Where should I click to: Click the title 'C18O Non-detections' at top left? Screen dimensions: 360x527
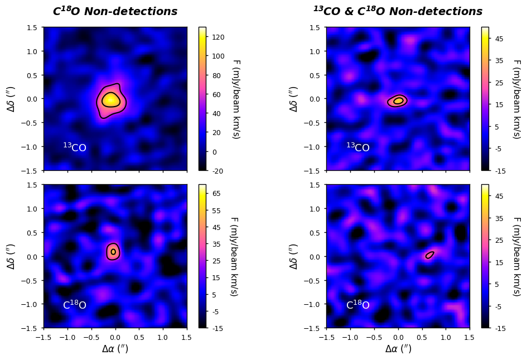point(115,12)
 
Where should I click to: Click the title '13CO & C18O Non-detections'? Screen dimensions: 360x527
point(398,12)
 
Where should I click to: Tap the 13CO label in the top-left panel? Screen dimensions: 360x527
point(75,148)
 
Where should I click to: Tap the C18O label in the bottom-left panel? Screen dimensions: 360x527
point(75,305)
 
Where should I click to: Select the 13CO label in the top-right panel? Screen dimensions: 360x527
point(358,148)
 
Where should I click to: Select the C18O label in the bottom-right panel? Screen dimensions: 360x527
point(358,305)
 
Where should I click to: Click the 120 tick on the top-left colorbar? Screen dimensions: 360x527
point(219,37)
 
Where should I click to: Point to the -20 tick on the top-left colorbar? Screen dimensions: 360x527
point(218,170)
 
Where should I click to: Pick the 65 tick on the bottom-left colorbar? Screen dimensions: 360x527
point(217,193)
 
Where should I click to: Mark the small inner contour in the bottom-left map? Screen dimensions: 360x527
point(113,252)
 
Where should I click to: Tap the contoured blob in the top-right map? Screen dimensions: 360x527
point(398,101)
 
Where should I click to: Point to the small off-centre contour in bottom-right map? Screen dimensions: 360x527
point(429,255)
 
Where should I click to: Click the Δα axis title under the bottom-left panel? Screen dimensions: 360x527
point(115,349)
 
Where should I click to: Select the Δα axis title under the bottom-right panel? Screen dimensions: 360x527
point(398,349)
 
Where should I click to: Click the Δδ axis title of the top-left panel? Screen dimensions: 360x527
point(12,99)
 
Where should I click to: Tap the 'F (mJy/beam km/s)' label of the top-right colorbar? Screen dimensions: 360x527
point(516,99)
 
